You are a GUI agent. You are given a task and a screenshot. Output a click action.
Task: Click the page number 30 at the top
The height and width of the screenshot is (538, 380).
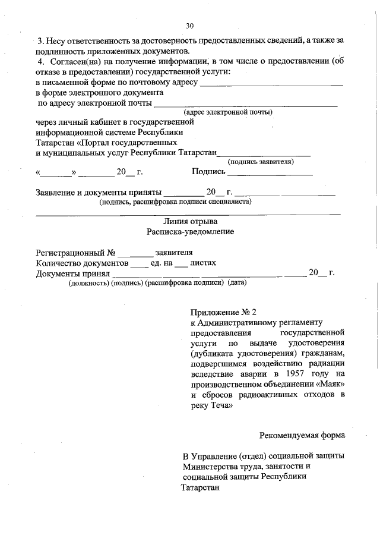pyautogui.click(x=189, y=26)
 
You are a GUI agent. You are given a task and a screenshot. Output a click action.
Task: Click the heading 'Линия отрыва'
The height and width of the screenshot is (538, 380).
pyautogui.click(x=190, y=221)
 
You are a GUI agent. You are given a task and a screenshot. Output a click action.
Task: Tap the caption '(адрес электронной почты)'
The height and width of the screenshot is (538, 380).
pyautogui.click(x=228, y=112)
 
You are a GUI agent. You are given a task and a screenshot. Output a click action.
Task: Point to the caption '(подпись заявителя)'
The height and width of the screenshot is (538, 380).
pyautogui.click(x=261, y=161)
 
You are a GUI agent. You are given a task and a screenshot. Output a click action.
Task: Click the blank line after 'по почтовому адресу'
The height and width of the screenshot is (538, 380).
pyautogui.click(x=271, y=84)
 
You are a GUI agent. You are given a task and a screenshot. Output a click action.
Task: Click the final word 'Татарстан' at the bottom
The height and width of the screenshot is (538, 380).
pyautogui.click(x=200, y=487)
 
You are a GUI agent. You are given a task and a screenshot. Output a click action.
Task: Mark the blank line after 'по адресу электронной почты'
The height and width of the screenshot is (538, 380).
pyautogui.click(x=245, y=105)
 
